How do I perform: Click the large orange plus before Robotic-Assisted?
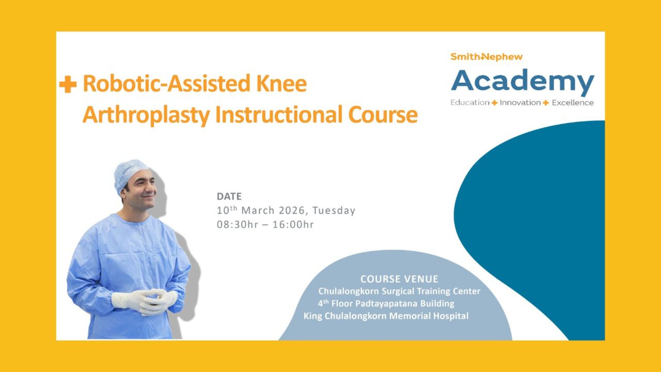point(68,84)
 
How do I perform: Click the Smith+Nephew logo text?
point(486,57)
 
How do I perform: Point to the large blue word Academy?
point(523,82)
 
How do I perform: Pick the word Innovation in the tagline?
point(520,103)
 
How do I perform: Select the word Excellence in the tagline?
point(573,103)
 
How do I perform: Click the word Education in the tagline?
point(470,103)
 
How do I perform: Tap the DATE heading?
point(229,196)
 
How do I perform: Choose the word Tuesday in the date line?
point(334,210)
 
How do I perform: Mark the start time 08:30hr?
point(238,225)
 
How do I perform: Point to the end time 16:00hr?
point(293,225)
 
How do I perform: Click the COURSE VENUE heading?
point(399,279)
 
